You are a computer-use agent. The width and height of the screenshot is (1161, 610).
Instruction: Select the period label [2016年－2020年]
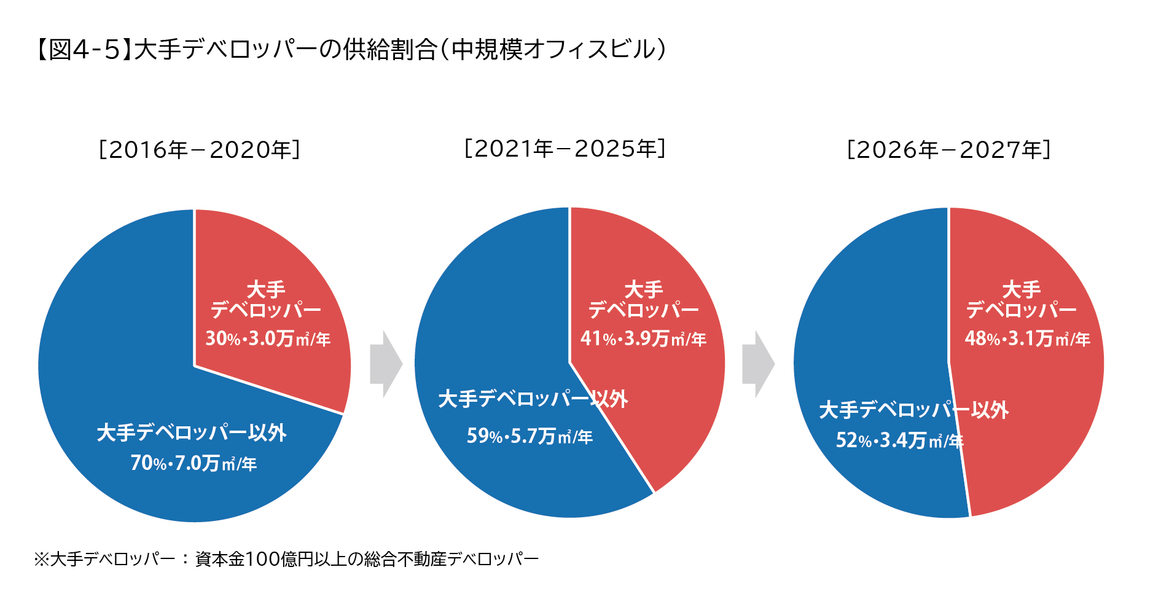[200, 150]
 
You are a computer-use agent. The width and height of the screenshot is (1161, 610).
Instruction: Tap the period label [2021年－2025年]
[565, 149]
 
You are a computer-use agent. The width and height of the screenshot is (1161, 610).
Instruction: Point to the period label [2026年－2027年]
[949, 150]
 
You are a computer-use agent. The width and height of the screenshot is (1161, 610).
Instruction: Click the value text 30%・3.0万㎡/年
[268, 338]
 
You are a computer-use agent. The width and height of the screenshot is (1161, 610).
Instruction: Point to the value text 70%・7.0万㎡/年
[193, 463]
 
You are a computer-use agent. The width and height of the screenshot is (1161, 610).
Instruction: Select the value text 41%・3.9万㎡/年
[643, 338]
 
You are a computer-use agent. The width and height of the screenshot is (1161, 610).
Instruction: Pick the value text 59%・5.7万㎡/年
[530, 436]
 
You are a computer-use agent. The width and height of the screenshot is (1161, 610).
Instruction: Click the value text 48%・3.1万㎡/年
[1027, 338]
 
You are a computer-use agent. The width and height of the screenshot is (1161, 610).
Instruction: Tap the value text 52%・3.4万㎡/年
[899, 440]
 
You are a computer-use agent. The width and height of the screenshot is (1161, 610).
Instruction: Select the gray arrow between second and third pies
[758, 364]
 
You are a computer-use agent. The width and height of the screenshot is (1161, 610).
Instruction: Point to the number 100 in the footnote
[262, 559]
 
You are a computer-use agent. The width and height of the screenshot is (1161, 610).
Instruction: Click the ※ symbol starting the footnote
[41, 559]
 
